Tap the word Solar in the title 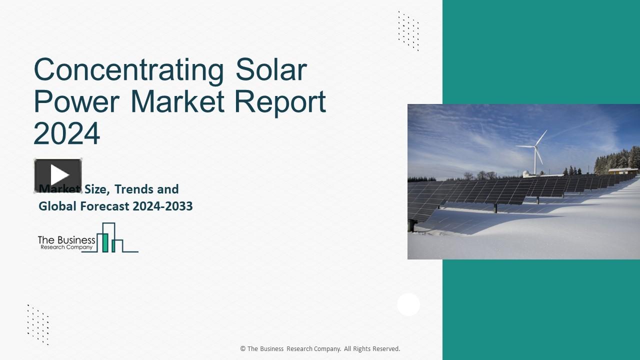tap(270, 70)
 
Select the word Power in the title tap(76, 101)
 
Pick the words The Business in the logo tap(66, 240)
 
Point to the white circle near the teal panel tap(408, 304)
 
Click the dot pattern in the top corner tap(408, 30)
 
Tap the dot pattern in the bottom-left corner tap(38, 324)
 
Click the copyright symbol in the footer tap(243, 349)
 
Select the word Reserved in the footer tap(384, 349)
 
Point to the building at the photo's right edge tap(623, 171)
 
